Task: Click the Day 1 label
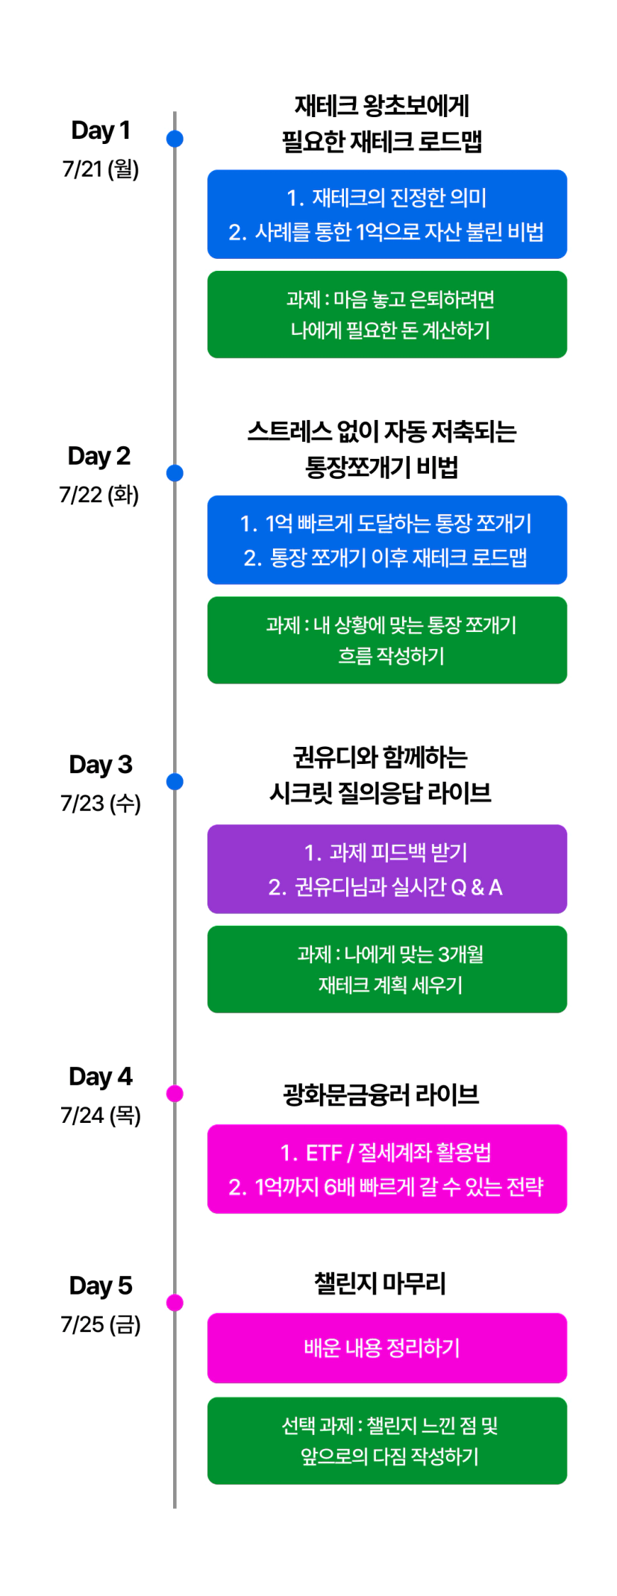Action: [101, 131]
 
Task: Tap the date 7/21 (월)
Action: [101, 169]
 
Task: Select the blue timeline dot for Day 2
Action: [175, 472]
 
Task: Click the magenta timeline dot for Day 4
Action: [175, 1093]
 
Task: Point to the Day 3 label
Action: [101, 765]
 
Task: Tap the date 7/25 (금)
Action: [101, 1324]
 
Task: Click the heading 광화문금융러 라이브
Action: [381, 1095]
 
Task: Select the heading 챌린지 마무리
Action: [380, 1283]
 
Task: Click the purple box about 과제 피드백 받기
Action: [387, 869]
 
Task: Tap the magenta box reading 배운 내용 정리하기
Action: [387, 1348]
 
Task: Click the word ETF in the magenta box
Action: [324, 1154]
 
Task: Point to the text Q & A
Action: [477, 887]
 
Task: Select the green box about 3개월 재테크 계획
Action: [387, 969]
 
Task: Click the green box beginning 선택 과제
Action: [387, 1441]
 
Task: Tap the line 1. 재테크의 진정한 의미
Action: [386, 198]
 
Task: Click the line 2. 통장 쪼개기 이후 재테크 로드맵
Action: [386, 558]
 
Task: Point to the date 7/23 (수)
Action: [101, 804]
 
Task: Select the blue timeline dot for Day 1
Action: [175, 138]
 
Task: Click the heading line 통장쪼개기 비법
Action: [382, 467]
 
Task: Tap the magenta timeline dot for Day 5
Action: [175, 1302]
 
